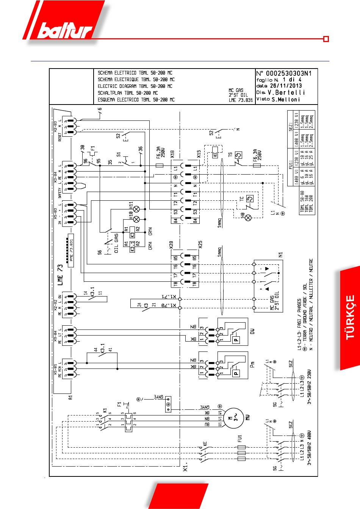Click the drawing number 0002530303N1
tap(289, 73)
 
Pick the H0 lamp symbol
tap(249, 217)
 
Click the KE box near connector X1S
tap(215, 155)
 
